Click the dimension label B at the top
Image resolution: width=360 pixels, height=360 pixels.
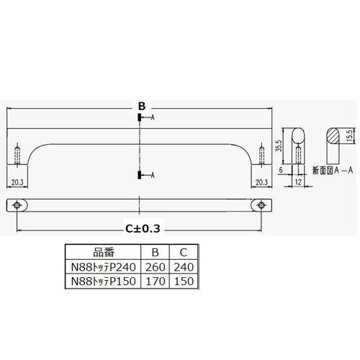point(142,106)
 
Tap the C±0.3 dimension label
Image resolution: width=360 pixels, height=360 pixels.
point(143,229)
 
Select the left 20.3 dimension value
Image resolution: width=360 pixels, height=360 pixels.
point(17,182)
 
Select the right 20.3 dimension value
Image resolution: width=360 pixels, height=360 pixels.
point(261,182)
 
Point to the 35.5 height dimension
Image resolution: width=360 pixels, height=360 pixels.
point(279,145)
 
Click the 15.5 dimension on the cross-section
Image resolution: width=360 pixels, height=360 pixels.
point(349,135)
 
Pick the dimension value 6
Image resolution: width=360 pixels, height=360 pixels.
point(281,170)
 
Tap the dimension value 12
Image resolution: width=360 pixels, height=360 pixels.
point(298,182)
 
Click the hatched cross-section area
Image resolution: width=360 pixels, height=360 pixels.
point(333,135)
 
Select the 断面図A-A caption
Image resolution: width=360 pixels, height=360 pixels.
point(333,171)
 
